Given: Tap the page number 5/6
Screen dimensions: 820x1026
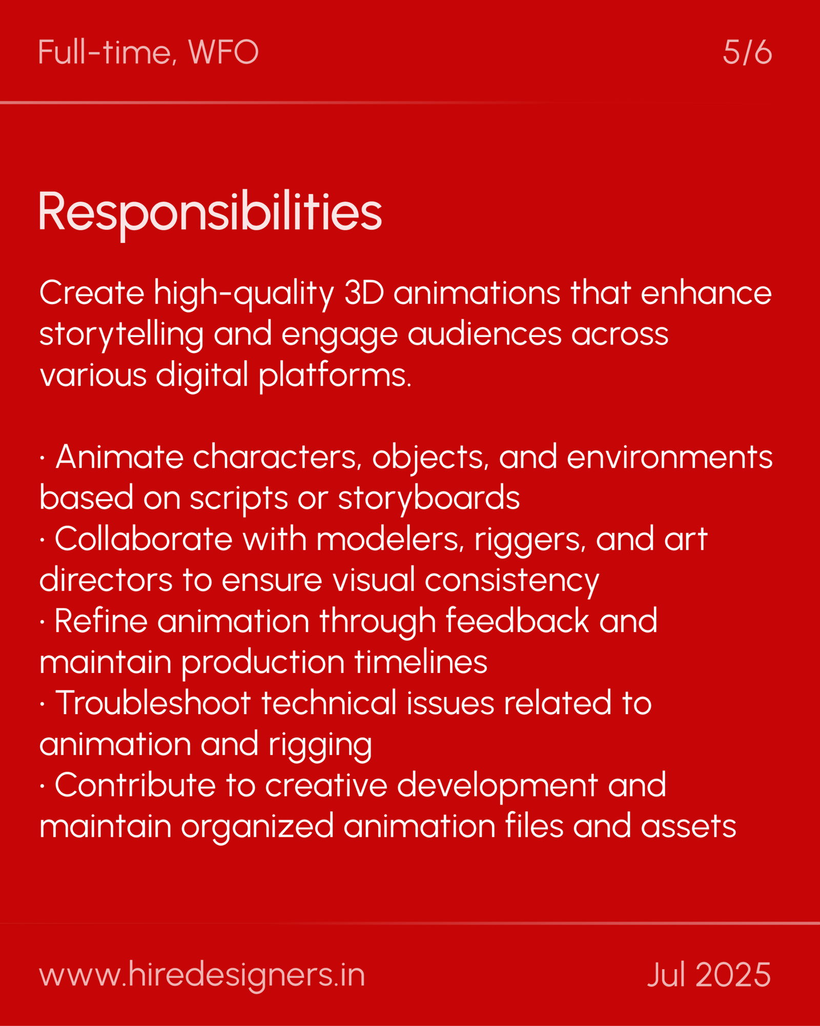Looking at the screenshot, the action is pyautogui.click(x=747, y=52).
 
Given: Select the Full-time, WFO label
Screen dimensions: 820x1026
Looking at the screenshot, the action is pyautogui.click(x=148, y=52).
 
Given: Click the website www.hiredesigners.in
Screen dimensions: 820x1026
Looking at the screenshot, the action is pyautogui.click(x=202, y=975).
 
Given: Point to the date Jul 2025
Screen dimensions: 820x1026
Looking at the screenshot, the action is pyautogui.click(x=709, y=974).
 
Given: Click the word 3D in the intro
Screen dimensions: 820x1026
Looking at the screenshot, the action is pyautogui.click(x=364, y=293).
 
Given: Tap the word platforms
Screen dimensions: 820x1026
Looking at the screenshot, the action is pyautogui.click(x=335, y=376).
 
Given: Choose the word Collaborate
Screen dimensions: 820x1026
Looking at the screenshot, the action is pyautogui.click(x=143, y=539).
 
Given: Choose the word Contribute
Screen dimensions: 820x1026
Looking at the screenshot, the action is pyautogui.click(x=135, y=785).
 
